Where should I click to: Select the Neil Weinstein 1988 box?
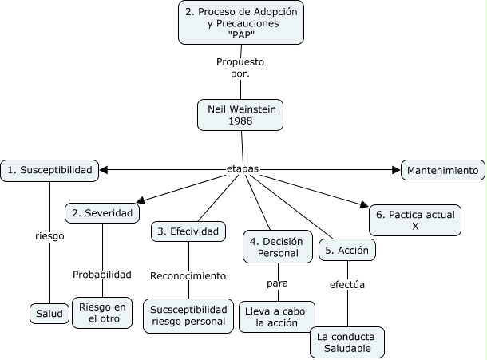pyautogui.click(x=240, y=114)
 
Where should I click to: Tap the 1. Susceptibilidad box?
pyautogui.click(x=50, y=169)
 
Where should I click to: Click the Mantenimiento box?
pyautogui.click(x=441, y=170)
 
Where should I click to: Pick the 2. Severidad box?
pyautogui.click(x=102, y=213)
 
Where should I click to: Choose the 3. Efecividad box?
pyautogui.click(x=188, y=231)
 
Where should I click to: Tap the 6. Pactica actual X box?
pyautogui.click(x=414, y=220)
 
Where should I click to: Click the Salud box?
pyautogui.click(x=49, y=315)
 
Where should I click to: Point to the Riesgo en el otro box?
pyautogui.click(x=102, y=314)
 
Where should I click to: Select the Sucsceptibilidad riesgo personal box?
pyautogui.click(x=189, y=315)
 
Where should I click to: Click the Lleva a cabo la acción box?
pyautogui.click(x=277, y=316)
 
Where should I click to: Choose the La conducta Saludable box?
pyautogui.click(x=348, y=342)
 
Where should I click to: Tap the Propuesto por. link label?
pyautogui.click(x=240, y=68)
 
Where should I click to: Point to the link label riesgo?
pyautogui.click(x=49, y=236)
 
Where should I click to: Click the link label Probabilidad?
pyautogui.click(x=102, y=275)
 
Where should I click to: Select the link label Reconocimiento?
pyautogui.click(x=188, y=275)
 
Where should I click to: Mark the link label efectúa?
pyautogui.click(x=348, y=284)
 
